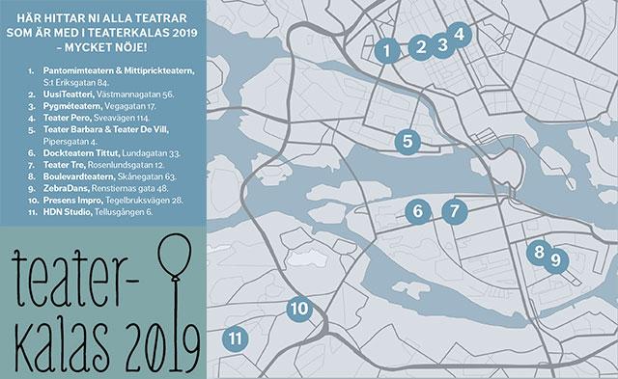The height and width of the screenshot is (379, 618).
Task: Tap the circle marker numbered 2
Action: pyautogui.click(x=420, y=46)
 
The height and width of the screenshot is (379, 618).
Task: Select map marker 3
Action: pyautogui.click(x=442, y=43)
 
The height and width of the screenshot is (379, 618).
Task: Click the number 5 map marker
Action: pyautogui.click(x=408, y=141)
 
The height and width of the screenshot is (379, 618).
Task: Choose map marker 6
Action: pyautogui.click(x=418, y=210)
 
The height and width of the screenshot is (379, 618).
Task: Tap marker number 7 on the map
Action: pyautogui.click(x=455, y=209)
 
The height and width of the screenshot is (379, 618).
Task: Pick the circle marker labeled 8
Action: pyautogui.click(x=538, y=252)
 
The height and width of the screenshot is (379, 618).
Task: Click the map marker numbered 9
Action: pyautogui.click(x=554, y=259)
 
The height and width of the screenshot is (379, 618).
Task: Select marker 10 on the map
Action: pyautogui.click(x=299, y=309)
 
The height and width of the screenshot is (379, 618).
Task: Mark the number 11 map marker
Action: pyautogui.click(x=235, y=338)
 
